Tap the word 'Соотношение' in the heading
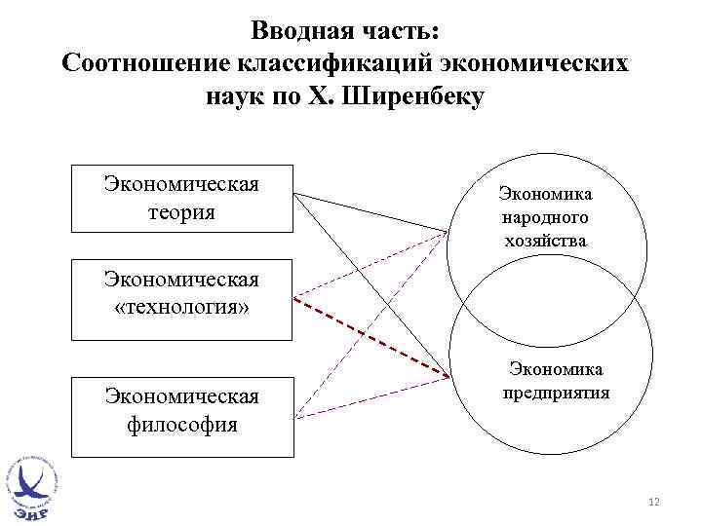tap(144, 63)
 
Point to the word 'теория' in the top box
tap(181, 210)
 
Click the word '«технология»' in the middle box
tap(181, 308)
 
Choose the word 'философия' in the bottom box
tap(181, 425)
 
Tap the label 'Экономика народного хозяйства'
tap(545, 216)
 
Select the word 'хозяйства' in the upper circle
tap(545, 239)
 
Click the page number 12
tap(653, 502)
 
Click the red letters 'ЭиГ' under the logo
tap(32, 509)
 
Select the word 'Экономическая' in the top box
tap(181, 185)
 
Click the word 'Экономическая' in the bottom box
tap(181, 397)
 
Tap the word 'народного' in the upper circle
tap(545, 216)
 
